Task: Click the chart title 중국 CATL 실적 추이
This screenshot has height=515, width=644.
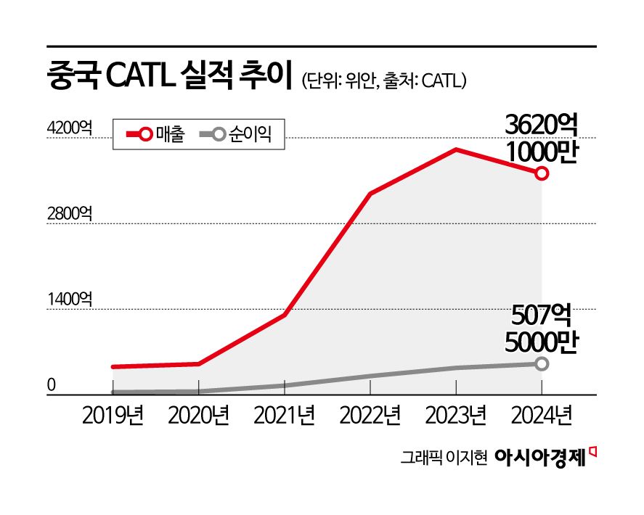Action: (168, 76)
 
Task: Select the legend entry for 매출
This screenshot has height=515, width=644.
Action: (156, 134)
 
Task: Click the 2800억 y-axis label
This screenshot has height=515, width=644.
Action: (69, 214)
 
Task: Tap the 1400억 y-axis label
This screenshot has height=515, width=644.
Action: (69, 300)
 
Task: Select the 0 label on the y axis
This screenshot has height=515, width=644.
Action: (52, 385)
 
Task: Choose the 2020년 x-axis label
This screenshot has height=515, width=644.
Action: (198, 416)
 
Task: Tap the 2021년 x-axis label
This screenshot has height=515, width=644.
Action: (284, 416)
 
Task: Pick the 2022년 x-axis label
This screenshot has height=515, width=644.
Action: (370, 416)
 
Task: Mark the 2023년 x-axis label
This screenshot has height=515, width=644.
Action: (455, 416)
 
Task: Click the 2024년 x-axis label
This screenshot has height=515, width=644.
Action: (541, 416)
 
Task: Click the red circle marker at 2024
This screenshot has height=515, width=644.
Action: (542, 173)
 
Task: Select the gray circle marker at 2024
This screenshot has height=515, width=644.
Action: (542, 363)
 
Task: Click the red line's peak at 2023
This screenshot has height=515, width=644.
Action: (455, 149)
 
